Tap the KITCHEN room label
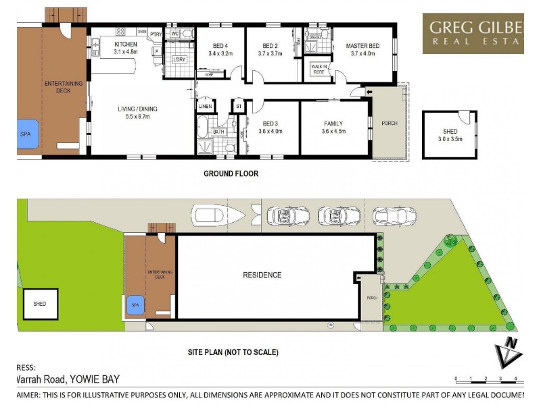(x=125, y=45)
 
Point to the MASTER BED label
(x=362, y=46)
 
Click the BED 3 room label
(x=269, y=124)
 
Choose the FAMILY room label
(x=333, y=124)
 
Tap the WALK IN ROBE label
(x=318, y=67)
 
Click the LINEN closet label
(x=205, y=107)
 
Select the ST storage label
(x=239, y=107)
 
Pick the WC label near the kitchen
(x=174, y=33)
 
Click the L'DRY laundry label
(x=179, y=60)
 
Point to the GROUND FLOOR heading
(x=231, y=173)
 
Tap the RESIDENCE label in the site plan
(x=262, y=275)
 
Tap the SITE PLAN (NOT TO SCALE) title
(x=233, y=352)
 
